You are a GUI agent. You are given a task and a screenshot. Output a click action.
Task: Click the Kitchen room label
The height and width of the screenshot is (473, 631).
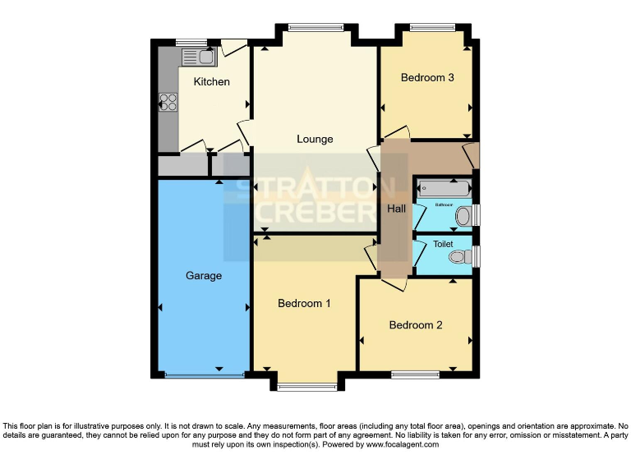(211, 81)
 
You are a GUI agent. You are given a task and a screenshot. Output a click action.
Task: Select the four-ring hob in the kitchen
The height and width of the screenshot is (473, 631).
(168, 102)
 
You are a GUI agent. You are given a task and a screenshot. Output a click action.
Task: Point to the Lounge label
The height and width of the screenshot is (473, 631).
(315, 139)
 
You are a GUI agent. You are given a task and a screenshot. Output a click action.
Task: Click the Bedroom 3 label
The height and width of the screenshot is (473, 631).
(427, 78)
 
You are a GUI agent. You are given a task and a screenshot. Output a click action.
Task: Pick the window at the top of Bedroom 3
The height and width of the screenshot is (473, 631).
(433, 27)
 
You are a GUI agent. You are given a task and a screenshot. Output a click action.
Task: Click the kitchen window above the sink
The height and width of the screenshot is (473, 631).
(191, 42)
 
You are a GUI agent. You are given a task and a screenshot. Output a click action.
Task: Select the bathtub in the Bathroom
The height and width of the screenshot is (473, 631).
(444, 186)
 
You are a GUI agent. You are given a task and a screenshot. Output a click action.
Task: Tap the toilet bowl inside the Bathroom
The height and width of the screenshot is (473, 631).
(464, 216)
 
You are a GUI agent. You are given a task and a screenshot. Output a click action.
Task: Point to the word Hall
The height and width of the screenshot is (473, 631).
(397, 209)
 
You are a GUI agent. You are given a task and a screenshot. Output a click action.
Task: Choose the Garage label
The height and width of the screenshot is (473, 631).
(203, 276)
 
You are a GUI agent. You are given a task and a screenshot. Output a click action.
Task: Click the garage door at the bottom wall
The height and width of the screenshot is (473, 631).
(204, 375)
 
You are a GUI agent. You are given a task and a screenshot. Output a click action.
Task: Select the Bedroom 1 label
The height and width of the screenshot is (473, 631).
(304, 303)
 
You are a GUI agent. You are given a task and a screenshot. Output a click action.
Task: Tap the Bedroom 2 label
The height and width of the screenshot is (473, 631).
(416, 324)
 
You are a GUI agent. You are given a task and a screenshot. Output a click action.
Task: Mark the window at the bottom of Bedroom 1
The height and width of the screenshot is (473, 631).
(306, 386)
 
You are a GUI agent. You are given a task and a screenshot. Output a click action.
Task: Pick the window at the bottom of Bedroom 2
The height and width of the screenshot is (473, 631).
(415, 375)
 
